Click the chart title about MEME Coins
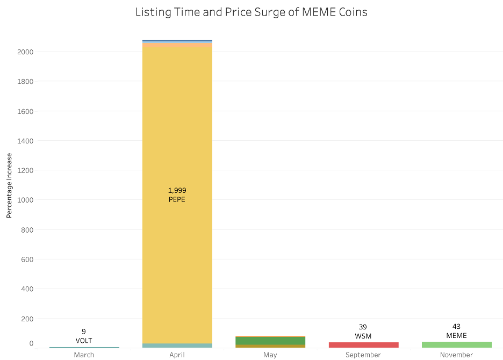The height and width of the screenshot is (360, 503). pyautogui.click(x=251, y=12)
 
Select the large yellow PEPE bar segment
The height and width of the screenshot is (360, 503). pyautogui.click(x=177, y=134)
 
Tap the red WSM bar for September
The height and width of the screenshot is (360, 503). pyautogui.click(x=363, y=344)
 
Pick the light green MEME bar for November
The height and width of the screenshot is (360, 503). pyautogui.click(x=456, y=344)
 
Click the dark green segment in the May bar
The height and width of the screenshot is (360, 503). pyautogui.click(x=270, y=341)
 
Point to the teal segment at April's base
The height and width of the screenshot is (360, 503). pyautogui.click(x=177, y=345)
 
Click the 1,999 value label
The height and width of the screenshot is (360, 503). pyautogui.click(x=177, y=190)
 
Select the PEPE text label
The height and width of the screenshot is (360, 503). pyautogui.click(x=177, y=199)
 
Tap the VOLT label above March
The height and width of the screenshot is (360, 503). pyautogui.click(x=84, y=340)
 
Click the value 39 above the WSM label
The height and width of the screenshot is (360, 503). pyautogui.click(x=363, y=327)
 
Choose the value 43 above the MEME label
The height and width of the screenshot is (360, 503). pyautogui.click(x=456, y=326)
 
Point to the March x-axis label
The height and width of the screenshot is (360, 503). pyautogui.click(x=84, y=355)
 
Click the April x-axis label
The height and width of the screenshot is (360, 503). pyautogui.click(x=177, y=355)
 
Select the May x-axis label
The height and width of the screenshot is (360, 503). pyautogui.click(x=270, y=355)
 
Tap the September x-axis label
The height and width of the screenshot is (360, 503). pyautogui.click(x=363, y=355)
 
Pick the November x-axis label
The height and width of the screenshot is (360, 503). pyautogui.click(x=456, y=355)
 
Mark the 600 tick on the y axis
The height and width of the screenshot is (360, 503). pyautogui.click(x=27, y=259)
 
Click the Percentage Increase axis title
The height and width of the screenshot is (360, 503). pyautogui.click(x=9, y=185)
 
